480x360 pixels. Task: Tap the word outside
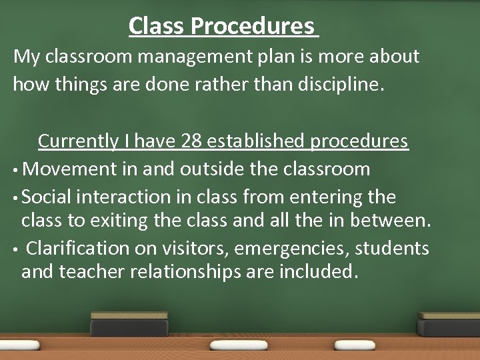[x=210, y=169]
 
